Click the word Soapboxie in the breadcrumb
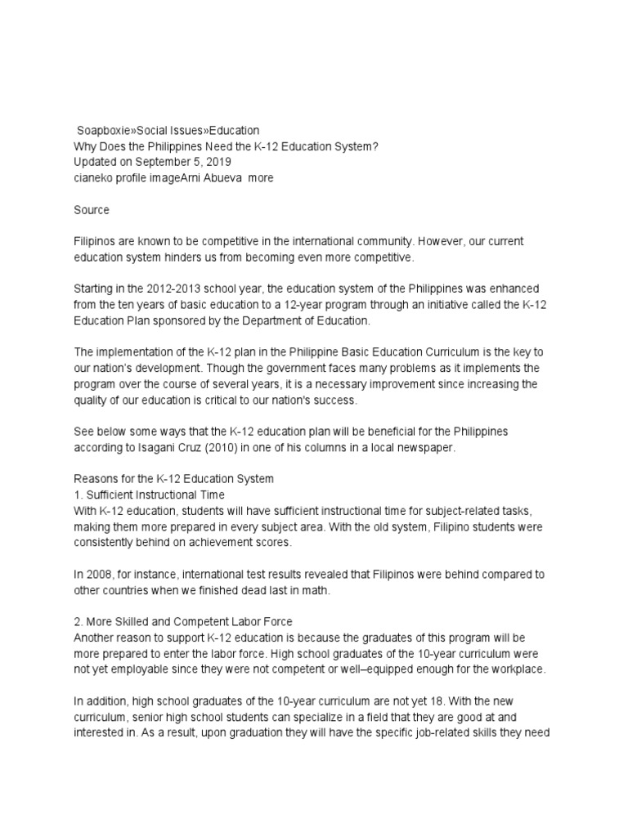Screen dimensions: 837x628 [x=105, y=130]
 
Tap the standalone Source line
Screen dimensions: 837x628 [x=91, y=210]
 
